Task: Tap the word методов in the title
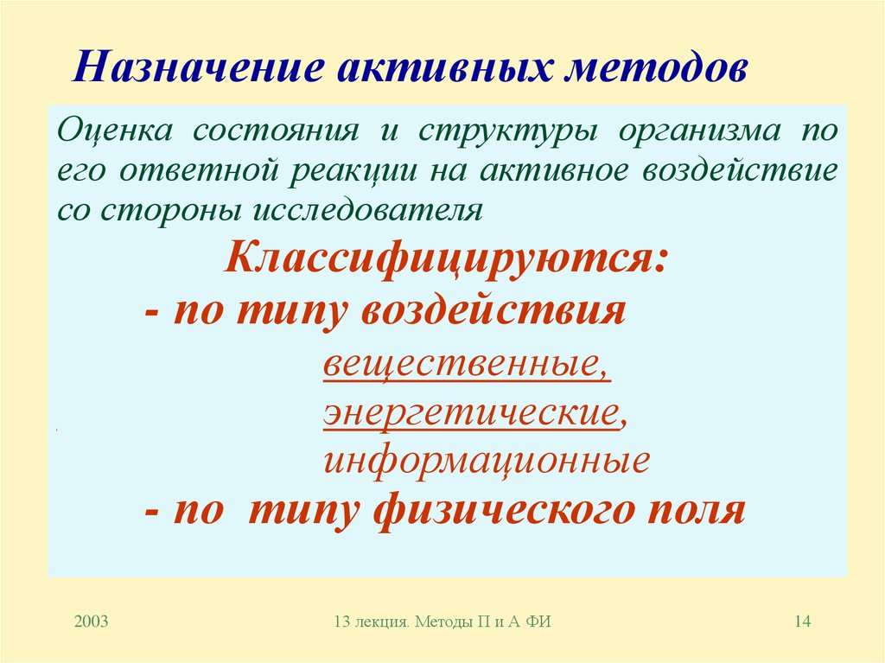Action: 656,68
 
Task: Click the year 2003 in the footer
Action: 91,621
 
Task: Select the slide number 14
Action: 799,621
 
